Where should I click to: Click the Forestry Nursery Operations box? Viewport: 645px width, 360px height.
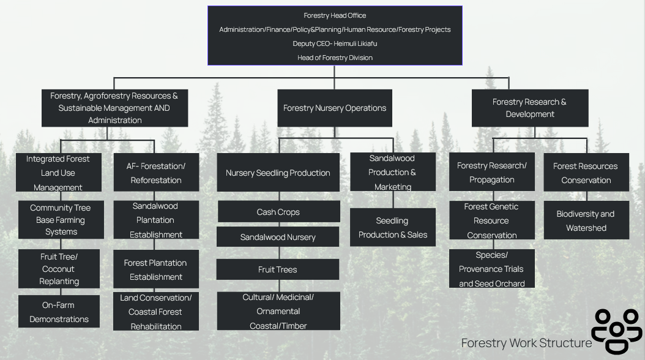pyautogui.click(x=335, y=108)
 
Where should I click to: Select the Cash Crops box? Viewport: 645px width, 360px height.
pyautogui.click(x=278, y=212)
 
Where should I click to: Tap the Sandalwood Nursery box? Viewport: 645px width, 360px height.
pyautogui.click(x=278, y=237)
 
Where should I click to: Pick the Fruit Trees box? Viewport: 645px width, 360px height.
pyautogui.click(x=278, y=269)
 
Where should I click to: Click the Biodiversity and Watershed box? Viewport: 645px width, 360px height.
pyautogui.click(x=586, y=220)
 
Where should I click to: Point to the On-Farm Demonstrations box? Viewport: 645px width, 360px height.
pyautogui.click(x=59, y=312)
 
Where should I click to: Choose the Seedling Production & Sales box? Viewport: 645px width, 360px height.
pyautogui.click(x=392, y=227)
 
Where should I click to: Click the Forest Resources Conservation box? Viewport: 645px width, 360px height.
pyautogui.click(x=586, y=173)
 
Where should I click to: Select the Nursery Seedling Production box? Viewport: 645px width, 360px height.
pyautogui.click(x=278, y=173)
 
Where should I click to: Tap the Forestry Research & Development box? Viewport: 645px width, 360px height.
pyautogui.click(x=529, y=108)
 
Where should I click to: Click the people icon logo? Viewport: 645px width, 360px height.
pyautogui.click(x=617, y=331)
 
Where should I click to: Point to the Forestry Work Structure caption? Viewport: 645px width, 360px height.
pyautogui.click(x=526, y=343)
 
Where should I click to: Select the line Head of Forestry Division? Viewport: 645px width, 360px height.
pyautogui.click(x=335, y=58)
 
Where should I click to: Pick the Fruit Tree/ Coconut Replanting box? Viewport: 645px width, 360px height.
pyautogui.click(x=59, y=269)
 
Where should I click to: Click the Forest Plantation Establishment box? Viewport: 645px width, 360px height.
pyautogui.click(x=155, y=269)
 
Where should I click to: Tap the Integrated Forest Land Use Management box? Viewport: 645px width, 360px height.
pyautogui.click(x=58, y=173)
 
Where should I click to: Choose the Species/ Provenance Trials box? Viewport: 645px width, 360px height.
pyautogui.click(x=491, y=269)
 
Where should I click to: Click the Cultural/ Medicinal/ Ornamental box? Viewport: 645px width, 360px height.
pyautogui.click(x=278, y=311)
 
